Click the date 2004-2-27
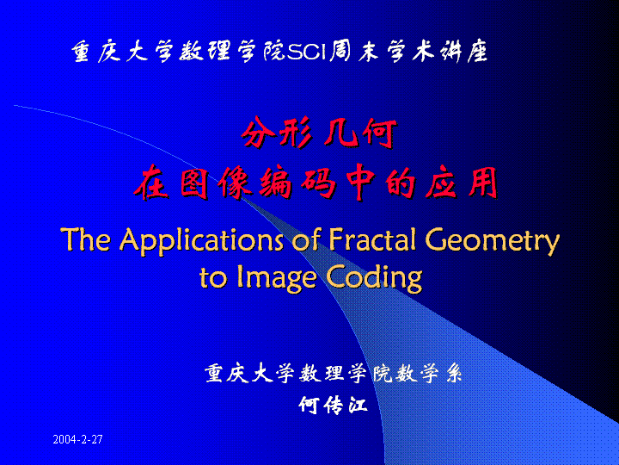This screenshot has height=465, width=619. [77, 439]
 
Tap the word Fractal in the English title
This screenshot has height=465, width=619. [372, 239]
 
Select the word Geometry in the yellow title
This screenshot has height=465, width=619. [493, 242]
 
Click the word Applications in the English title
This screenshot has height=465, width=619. [201, 241]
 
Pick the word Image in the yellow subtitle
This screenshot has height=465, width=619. [276, 278]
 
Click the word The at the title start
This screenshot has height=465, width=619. [86, 239]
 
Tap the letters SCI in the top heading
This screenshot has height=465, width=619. [308, 52]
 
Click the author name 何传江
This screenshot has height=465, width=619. [334, 405]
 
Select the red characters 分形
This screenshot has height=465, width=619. [277, 133]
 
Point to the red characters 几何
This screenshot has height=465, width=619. [359, 133]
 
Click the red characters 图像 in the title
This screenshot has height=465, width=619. [216, 183]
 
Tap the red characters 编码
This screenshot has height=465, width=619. [297, 183]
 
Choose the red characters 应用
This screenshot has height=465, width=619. [462, 183]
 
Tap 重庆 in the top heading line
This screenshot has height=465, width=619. [96, 52]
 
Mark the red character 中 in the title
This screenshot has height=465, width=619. [360, 183]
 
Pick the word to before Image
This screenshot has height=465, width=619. [213, 278]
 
